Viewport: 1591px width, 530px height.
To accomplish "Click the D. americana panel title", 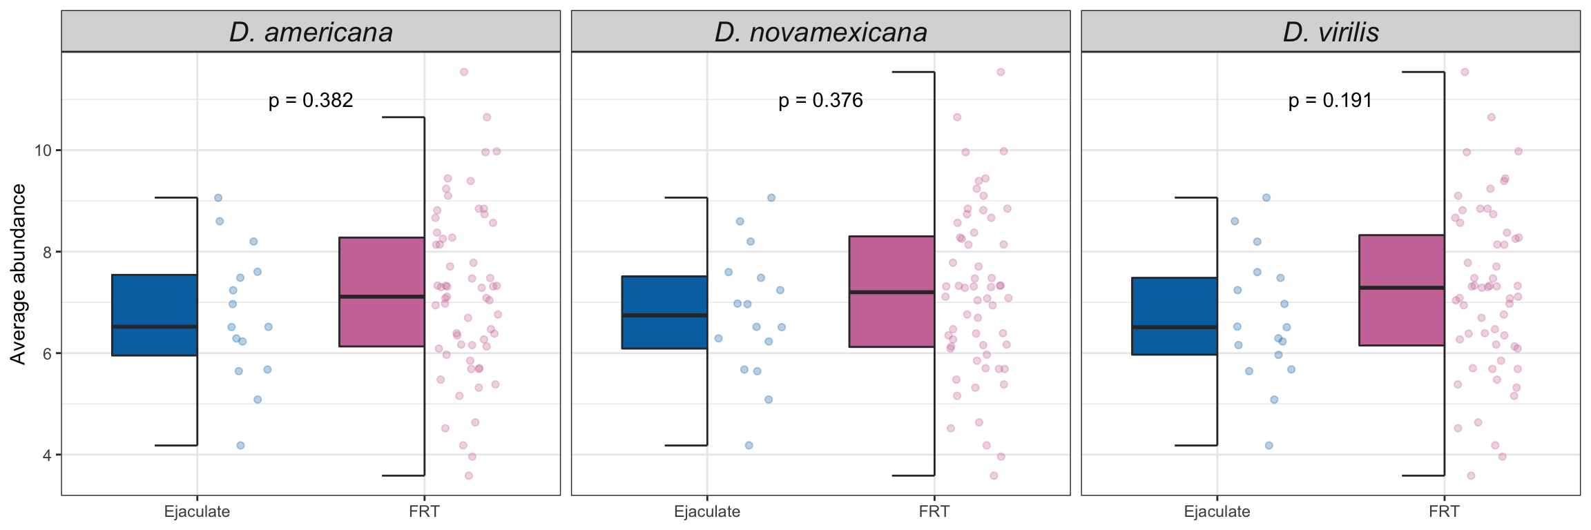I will [x=311, y=32].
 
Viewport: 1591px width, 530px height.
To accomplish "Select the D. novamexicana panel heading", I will [x=820, y=32].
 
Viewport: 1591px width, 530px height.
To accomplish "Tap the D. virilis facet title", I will [x=1331, y=32].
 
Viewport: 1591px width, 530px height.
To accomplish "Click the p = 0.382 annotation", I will [x=311, y=101].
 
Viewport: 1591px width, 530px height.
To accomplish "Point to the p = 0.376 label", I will [x=820, y=101].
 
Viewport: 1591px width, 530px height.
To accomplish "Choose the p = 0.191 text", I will [x=1330, y=101].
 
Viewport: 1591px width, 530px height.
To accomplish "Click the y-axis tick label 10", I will [x=43, y=150].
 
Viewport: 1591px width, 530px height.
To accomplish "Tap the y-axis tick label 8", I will [x=47, y=252].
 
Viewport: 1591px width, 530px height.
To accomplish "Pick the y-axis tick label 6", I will [x=47, y=353].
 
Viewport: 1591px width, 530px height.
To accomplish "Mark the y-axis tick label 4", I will [x=47, y=455].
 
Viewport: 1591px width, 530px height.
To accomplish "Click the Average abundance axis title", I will [x=18, y=274].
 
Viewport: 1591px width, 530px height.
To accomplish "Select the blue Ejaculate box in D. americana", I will [x=155, y=315].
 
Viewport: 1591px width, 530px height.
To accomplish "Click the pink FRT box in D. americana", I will [x=382, y=291].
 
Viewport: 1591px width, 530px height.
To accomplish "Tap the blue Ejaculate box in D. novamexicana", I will [x=664, y=312].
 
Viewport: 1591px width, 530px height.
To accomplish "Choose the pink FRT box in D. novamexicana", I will [x=891, y=291].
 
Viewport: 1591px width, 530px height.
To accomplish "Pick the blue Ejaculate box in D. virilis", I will [x=1174, y=315].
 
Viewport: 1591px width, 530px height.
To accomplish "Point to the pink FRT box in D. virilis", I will [x=1402, y=290].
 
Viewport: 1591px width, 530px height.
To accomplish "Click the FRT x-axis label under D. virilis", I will [x=1444, y=511].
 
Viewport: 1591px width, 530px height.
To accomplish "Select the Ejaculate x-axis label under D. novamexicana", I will [x=707, y=511].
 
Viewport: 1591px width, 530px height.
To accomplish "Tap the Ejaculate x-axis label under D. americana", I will [x=197, y=511].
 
